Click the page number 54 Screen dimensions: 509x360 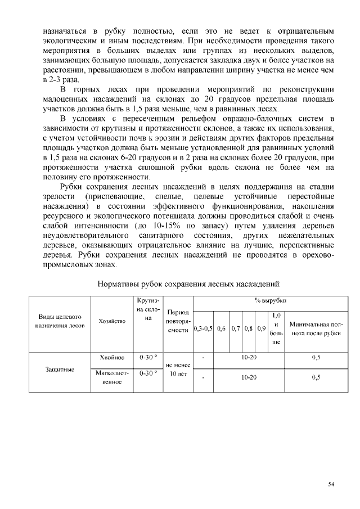331,484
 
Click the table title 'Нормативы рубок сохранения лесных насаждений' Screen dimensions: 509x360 189,285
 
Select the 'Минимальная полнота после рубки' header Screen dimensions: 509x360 316,328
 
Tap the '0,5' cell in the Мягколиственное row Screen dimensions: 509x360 316,377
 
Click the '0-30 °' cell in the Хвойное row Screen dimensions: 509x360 148,357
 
